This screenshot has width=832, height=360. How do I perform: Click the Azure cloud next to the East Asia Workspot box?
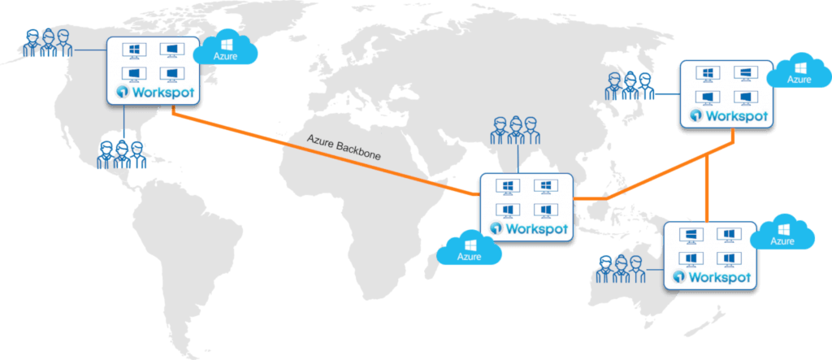[x=799, y=72]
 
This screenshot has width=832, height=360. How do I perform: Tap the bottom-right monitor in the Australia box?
[x=728, y=258]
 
